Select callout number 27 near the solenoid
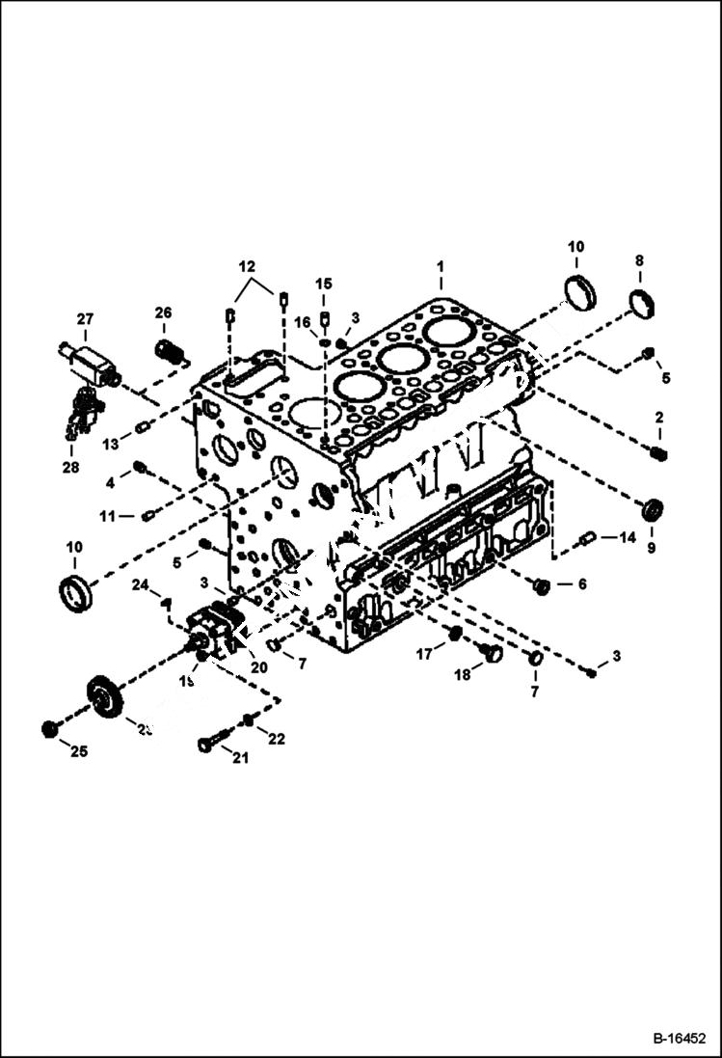pyautogui.click(x=86, y=319)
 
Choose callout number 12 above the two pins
pyautogui.click(x=248, y=265)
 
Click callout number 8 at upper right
pyautogui.click(x=639, y=260)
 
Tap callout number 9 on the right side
pyautogui.click(x=651, y=548)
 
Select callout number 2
pyautogui.click(x=659, y=418)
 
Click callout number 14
pyautogui.click(x=628, y=537)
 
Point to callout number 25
pyautogui.click(x=78, y=751)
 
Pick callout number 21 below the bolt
pyautogui.click(x=239, y=758)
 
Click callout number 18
pyautogui.click(x=463, y=675)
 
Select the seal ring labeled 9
pyautogui.click(x=653, y=509)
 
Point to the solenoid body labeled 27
pyautogui.click(x=91, y=365)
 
